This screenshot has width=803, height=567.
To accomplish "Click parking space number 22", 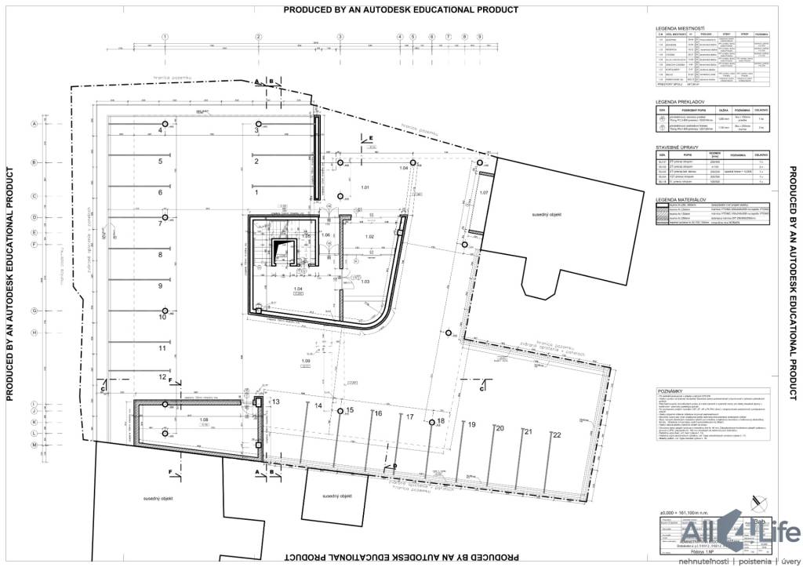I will [x=557, y=435].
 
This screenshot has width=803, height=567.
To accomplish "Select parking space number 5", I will [x=159, y=162].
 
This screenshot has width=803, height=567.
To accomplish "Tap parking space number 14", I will [x=318, y=406].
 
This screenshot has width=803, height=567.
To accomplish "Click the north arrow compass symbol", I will [x=757, y=499].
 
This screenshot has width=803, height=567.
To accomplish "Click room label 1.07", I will [x=484, y=192].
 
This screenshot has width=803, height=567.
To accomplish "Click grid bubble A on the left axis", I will [x=35, y=124].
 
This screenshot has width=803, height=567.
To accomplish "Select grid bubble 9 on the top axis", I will [x=479, y=37].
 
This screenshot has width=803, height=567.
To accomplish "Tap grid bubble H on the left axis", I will [x=35, y=333].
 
